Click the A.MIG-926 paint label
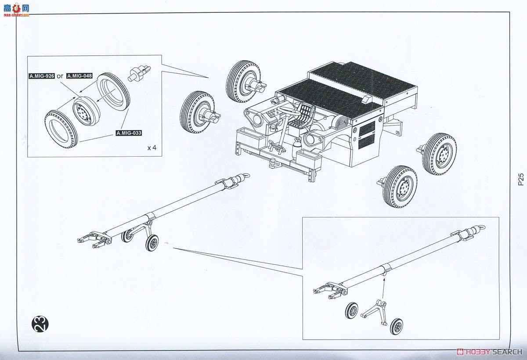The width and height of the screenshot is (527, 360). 42,76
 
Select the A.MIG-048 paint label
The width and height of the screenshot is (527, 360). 79,76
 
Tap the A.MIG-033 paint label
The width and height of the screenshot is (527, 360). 129,133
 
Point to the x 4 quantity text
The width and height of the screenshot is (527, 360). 152,148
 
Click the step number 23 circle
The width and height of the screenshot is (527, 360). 40,324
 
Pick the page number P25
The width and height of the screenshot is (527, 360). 520,180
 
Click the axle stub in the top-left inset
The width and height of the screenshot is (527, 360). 139,71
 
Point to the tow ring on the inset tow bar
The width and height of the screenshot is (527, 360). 481,228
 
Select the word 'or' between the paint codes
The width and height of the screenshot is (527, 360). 61,76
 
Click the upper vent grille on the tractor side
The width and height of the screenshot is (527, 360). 367,128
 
